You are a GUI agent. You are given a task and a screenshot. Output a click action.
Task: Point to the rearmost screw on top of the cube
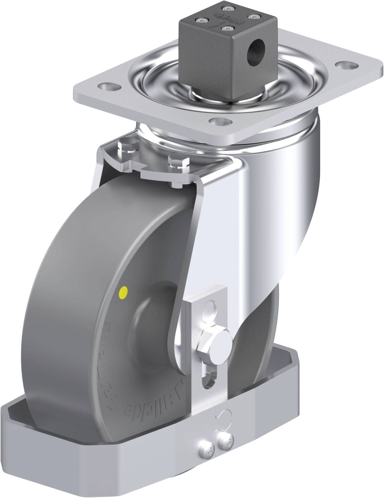(228, 8)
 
